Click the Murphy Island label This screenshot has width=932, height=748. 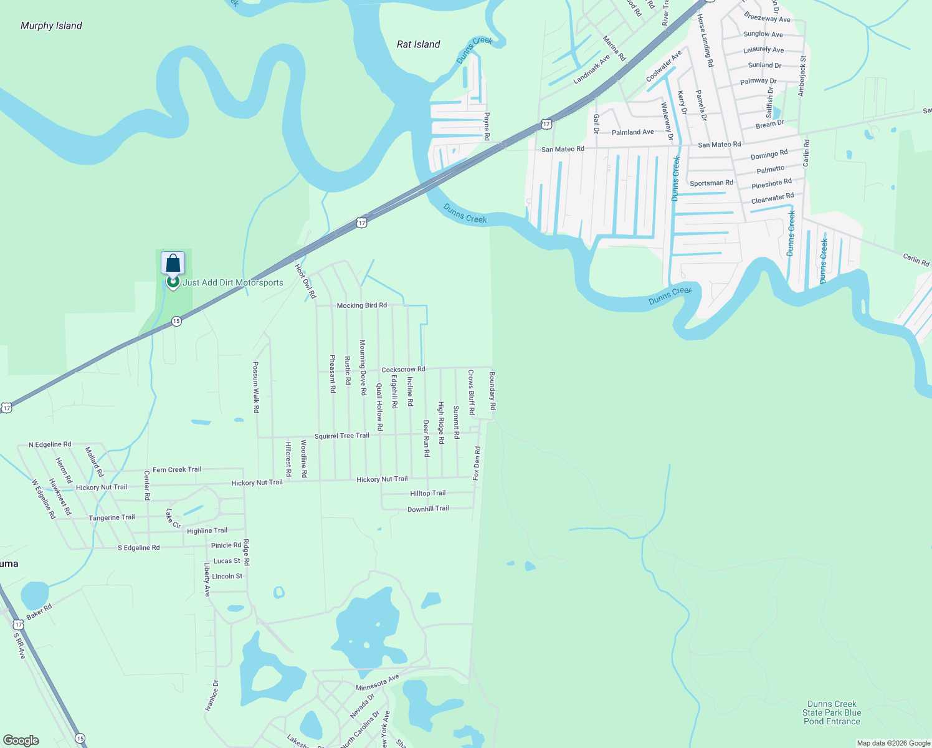click(51, 26)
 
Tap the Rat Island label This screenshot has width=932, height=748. click(419, 44)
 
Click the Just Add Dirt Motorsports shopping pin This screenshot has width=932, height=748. click(173, 264)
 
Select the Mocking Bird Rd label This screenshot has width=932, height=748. click(361, 305)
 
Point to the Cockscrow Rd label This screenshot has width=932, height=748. click(403, 370)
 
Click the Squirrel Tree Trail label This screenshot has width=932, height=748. click(341, 436)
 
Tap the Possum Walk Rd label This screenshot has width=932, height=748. click(255, 387)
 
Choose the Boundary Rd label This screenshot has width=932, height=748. click(492, 390)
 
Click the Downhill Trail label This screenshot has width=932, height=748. click(428, 509)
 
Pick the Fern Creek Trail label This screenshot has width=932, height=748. click(177, 469)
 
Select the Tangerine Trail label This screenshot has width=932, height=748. click(112, 517)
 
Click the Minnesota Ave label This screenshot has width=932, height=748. click(377, 683)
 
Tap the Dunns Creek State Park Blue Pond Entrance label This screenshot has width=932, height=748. click(832, 712)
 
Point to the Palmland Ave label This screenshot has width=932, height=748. click(633, 132)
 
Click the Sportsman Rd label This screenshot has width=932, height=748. click(711, 183)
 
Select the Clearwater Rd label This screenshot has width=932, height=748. click(773, 199)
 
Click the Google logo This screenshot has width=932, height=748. click(21, 741)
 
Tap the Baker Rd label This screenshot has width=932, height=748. click(39, 611)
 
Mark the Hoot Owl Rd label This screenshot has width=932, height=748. click(305, 280)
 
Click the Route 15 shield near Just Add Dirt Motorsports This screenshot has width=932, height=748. click(177, 321)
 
